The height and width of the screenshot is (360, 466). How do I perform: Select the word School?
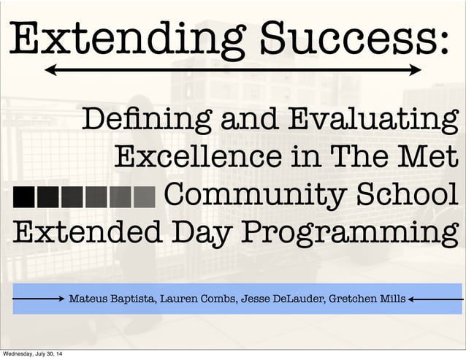click(402, 196)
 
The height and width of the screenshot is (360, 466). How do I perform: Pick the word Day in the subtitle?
click(200, 235)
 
